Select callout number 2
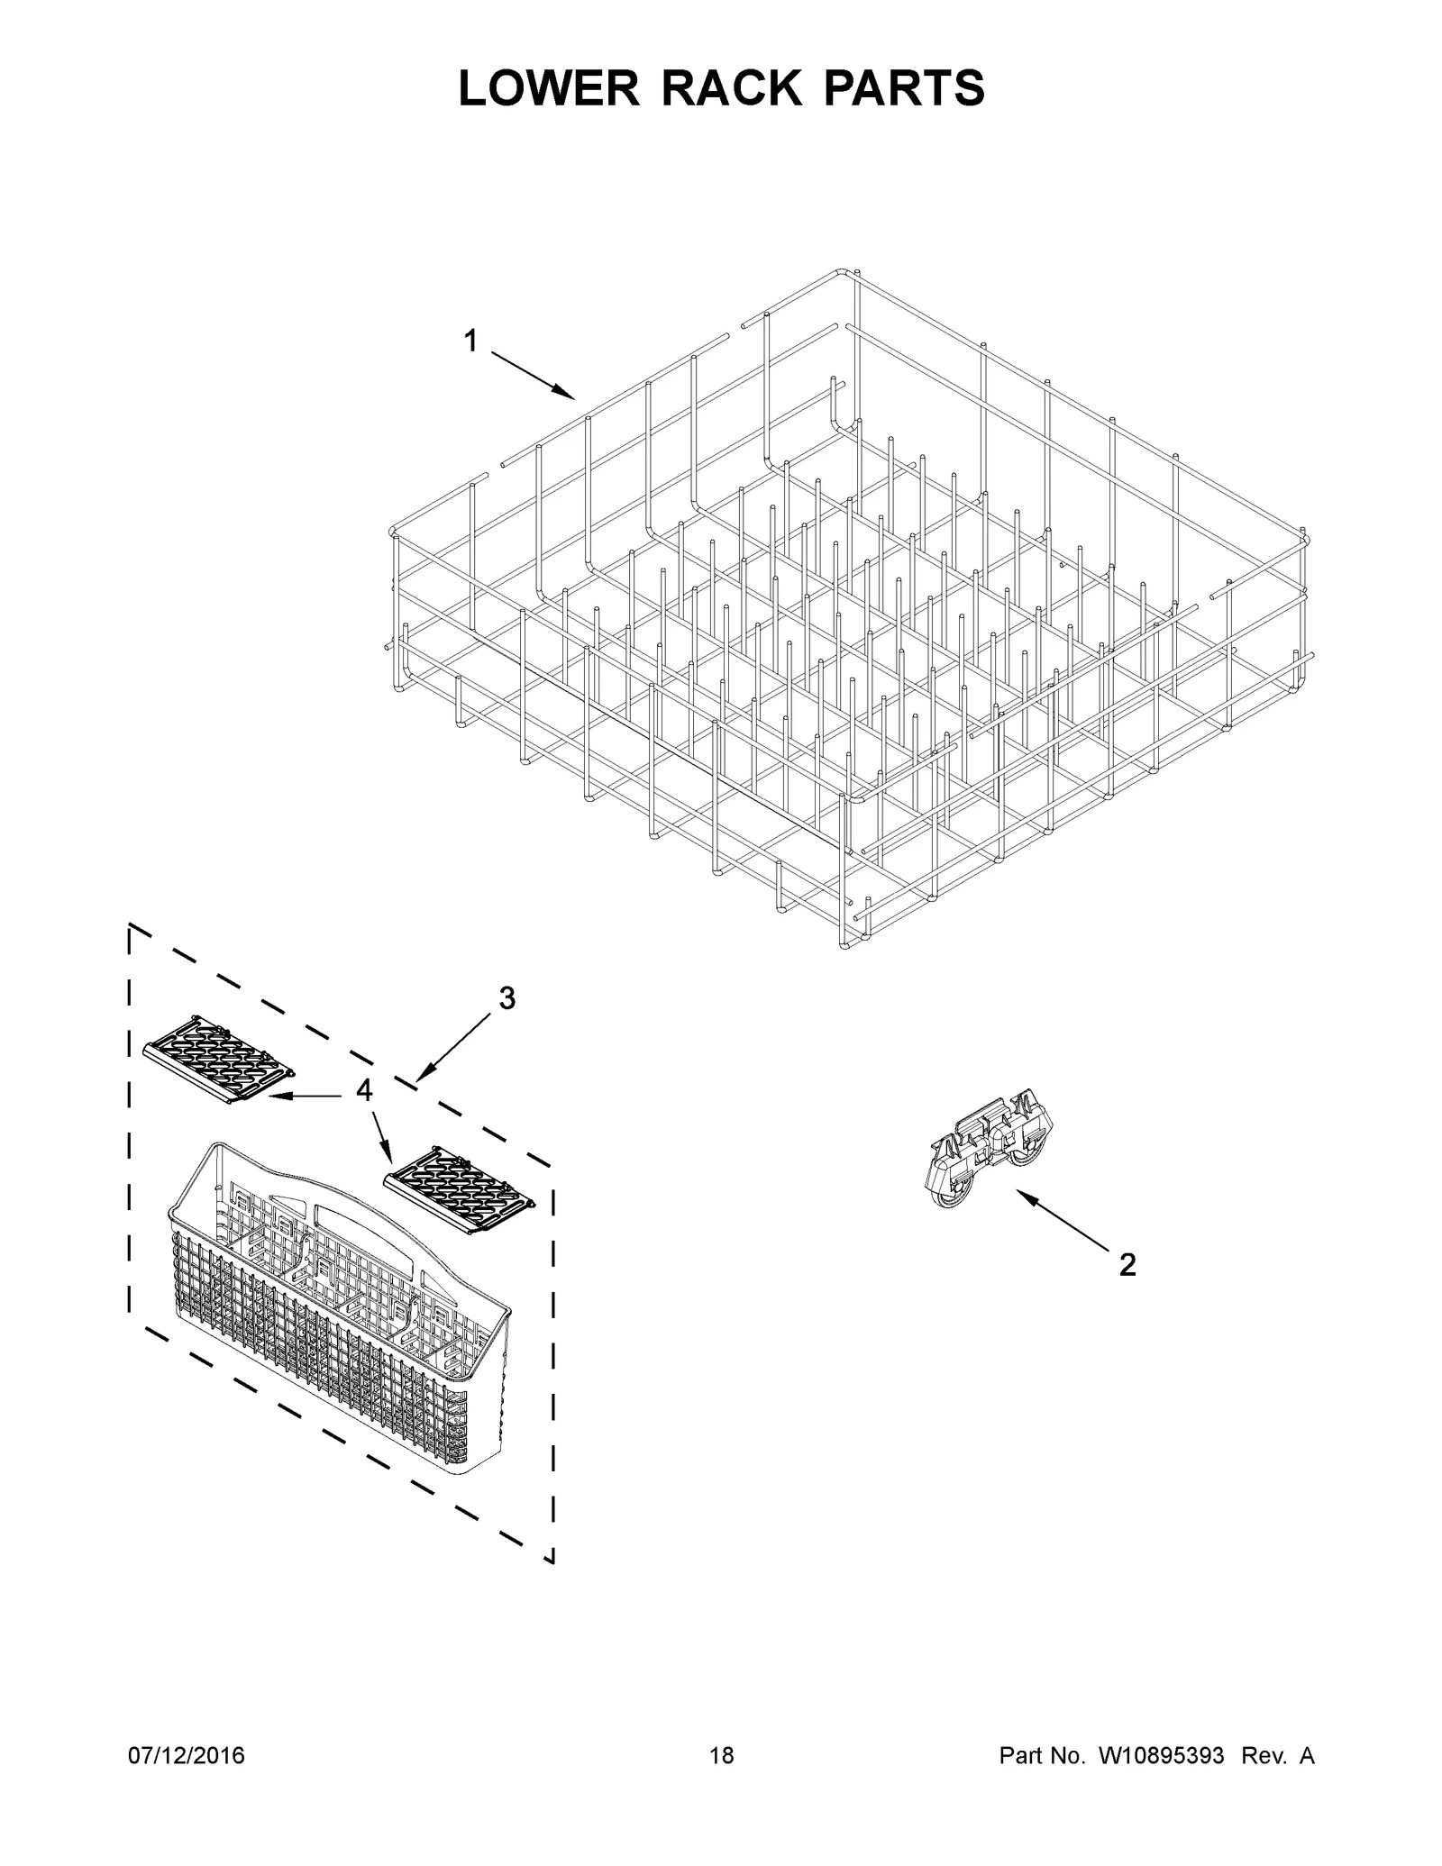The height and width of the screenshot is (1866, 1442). click(1127, 1265)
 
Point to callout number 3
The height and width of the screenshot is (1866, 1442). click(507, 998)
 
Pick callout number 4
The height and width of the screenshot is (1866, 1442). click(363, 1091)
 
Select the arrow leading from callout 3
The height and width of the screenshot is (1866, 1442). click(454, 1046)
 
